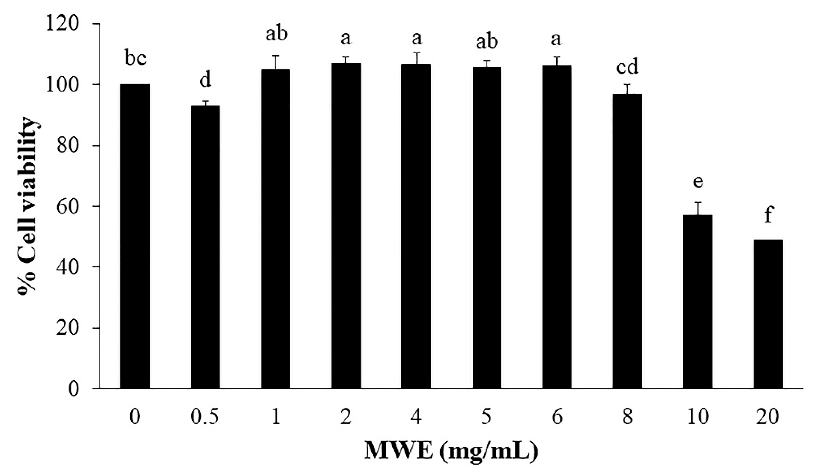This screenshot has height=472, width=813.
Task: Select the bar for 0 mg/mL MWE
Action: [134, 236]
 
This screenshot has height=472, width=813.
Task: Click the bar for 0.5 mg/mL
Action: [205, 247]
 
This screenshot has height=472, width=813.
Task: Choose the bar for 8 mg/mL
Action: [627, 241]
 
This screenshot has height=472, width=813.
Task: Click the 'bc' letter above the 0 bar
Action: [136, 59]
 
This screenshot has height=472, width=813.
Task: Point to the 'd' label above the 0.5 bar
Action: [205, 80]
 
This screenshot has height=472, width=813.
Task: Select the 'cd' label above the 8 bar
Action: [627, 67]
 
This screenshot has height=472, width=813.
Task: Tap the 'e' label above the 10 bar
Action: [698, 182]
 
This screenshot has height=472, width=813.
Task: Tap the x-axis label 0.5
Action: [205, 417]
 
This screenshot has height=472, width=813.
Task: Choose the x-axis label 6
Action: [557, 417]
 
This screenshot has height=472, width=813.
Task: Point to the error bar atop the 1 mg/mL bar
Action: [275, 62]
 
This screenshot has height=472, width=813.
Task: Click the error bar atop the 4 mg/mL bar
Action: [416, 58]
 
